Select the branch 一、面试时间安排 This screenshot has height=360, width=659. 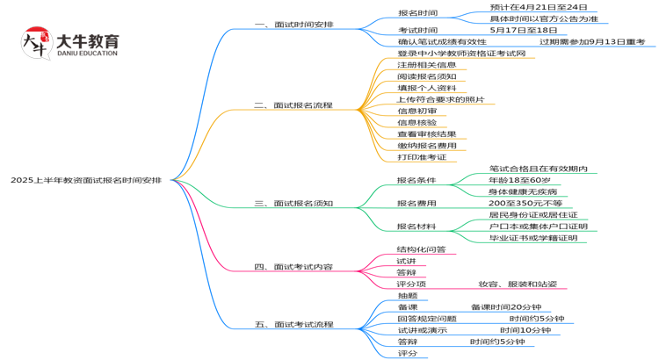click(293, 25)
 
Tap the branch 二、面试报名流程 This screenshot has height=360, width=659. click(293, 105)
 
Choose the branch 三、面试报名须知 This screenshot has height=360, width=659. click(293, 203)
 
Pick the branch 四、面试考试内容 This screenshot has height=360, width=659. click(293, 266)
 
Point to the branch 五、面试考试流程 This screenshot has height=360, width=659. click(293, 324)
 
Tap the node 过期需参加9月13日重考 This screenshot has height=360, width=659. click(592, 41)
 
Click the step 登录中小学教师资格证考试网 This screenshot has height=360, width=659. click(461, 54)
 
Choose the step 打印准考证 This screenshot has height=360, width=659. click(422, 157)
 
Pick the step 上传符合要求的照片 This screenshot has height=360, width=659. click(440, 99)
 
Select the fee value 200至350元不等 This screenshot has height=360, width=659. click(525, 203)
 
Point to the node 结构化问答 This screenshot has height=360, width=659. click(421, 249)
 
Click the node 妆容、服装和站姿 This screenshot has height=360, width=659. click(517, 284)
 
